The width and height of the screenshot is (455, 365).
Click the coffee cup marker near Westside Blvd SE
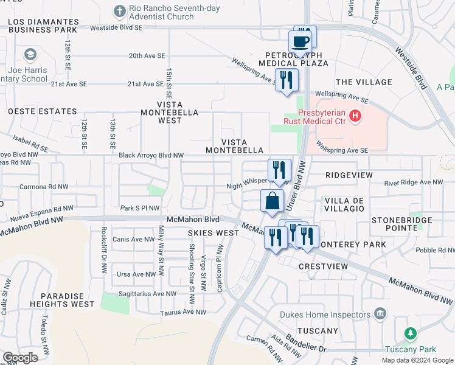pyautogui.click(x=301, y=42)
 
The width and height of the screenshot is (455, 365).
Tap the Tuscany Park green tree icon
pyautogui.click(x=411, y=333)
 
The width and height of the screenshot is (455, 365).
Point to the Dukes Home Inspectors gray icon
pyautogui.click(x=380, y=314)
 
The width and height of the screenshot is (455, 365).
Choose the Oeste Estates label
pyautogui.click(x=43, y=112)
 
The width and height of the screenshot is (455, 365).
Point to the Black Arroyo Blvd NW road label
pyautogui.click(x=151, y=156)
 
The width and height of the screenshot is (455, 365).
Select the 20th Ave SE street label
pyautogui.click(x=147, y=55)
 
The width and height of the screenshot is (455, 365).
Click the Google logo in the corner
pyautogui.click(x=21, y=358)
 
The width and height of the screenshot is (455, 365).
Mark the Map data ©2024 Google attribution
pyautogui.click(x=417, y=360)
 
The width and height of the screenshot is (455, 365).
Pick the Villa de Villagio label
pyautogui.click(x=344, y=204)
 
